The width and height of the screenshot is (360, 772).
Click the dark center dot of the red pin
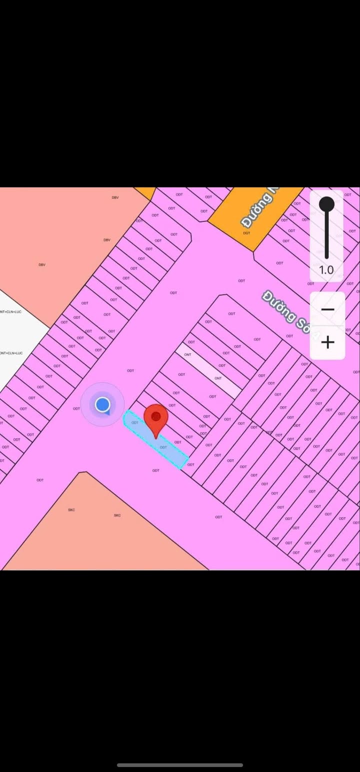[x=156, y=416]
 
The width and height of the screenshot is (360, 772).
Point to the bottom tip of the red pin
[x=156, y=438]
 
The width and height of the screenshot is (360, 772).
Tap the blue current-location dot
[x=102, y=404]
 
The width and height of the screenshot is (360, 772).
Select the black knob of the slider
[x=326, y=204]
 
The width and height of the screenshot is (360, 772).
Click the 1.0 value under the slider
[x=326, y=270]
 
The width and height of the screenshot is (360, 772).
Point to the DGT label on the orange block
[x=246, y=233]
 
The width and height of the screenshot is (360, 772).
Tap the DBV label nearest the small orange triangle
[x=115, y=197]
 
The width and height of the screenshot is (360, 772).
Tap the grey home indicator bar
[x=180, y=764]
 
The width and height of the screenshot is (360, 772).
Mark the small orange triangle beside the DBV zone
[x=145, y=192]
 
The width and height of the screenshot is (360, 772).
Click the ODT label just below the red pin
[x=163, y=447]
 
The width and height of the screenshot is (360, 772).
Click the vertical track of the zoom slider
[x=326, y=235]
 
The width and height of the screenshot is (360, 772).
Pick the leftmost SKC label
[x=71, y=509]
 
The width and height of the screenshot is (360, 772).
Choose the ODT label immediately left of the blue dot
[x=76, y=408]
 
